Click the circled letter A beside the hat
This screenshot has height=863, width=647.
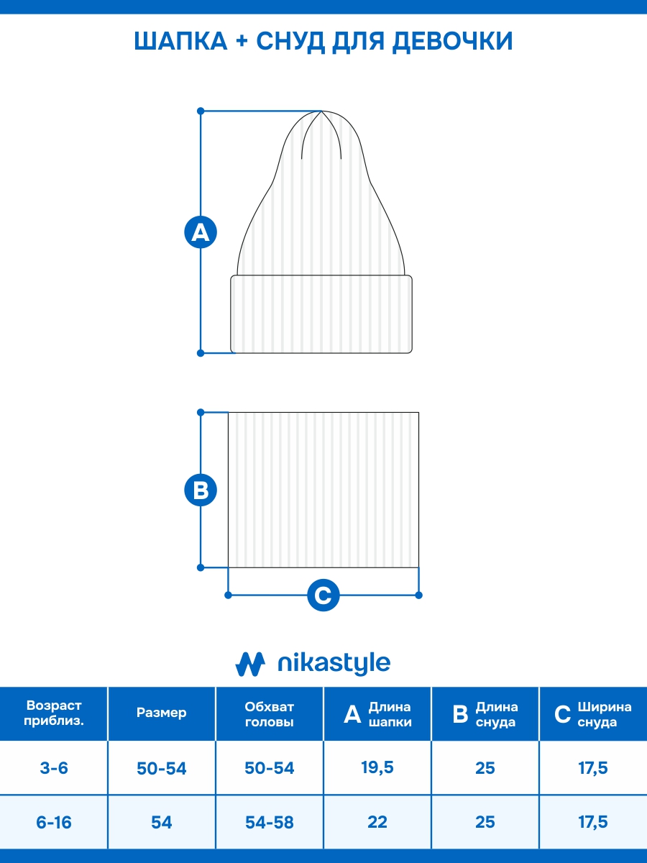click(201, 232)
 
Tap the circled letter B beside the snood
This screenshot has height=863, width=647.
click(201, 490)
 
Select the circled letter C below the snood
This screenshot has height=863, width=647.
click(323, 595)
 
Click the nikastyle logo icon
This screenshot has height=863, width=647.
click(250, 663)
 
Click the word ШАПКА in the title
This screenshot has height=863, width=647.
click(180, 42)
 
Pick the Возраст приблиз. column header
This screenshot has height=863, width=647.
click(54, 713)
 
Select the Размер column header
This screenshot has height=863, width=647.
click(162, 713)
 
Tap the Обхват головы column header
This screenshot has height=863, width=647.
click(270, 714)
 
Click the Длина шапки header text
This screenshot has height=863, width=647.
click(390, 714)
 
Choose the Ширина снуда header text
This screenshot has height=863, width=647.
click(604, 714)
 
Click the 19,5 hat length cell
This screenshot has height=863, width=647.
click(377, 767)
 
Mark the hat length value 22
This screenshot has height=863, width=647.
click(377, 822)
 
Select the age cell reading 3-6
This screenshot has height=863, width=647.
click(54, 768)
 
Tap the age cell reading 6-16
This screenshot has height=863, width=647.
click(54, 822)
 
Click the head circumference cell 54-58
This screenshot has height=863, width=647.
click(270, 822)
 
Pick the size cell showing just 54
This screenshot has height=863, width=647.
click(162, 822)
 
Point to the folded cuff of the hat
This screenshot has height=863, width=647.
click(321, 314)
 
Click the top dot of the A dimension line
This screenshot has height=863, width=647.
click(201, 111)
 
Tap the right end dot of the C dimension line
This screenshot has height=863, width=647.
click(419, 595)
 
